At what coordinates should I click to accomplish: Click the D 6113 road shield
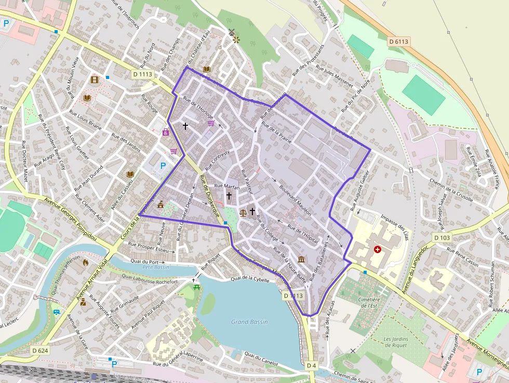[399, 41]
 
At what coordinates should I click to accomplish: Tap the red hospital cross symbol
[378, 249]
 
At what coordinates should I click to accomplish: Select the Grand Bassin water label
[249, 322]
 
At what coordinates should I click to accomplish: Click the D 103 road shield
[442, 237]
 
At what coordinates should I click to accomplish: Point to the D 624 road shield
[39, 351]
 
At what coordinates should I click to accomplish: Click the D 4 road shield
[311, 366]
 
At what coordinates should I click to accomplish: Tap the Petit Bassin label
[155, 267]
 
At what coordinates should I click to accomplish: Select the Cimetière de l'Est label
[369, 302]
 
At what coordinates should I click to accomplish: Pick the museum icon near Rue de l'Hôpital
[301, 259]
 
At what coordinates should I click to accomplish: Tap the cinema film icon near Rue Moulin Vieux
[94, 80]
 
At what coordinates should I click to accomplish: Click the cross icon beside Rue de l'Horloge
[185, 126]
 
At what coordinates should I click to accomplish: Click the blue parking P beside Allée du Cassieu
[163, 166]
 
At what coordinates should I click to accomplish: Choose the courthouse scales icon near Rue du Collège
[243, 213]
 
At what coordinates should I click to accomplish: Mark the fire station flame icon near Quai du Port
[86, 262]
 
